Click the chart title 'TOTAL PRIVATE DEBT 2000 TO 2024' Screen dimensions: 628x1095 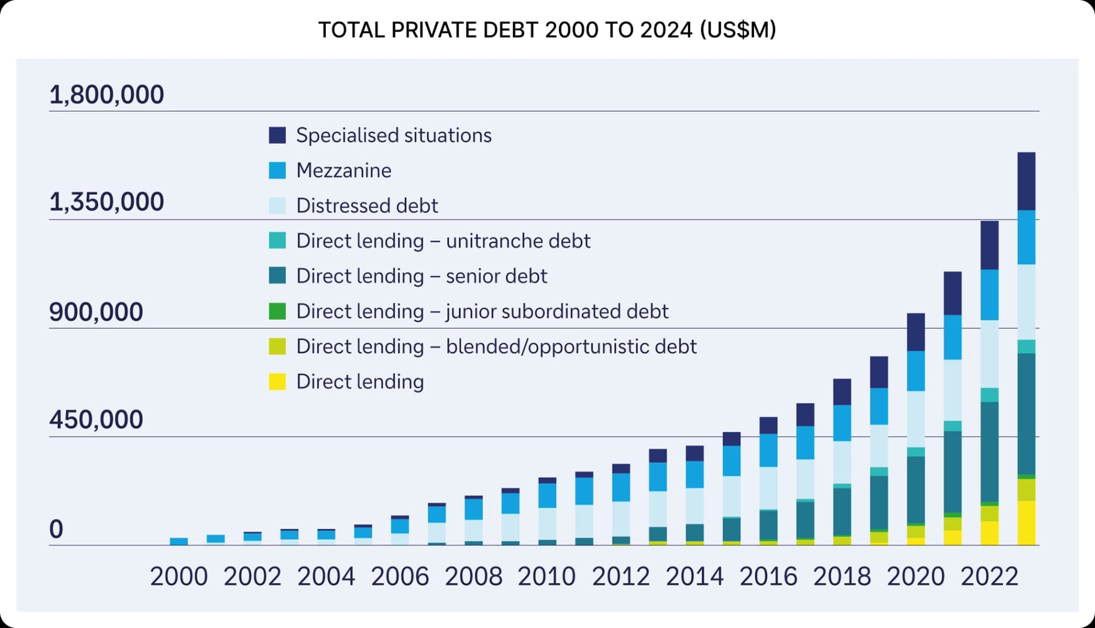pos(546,30)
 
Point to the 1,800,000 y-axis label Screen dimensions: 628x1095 pos(107,95)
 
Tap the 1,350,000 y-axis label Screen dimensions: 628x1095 pos(107,202)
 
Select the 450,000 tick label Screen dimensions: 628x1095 pos(96,420)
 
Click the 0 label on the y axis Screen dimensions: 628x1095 pos(56,529)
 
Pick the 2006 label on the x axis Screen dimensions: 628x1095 pos(400,577)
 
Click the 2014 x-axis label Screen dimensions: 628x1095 pos(694,577)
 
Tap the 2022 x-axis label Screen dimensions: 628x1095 pos(989,577)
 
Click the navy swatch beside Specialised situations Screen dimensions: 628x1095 pos(277,136)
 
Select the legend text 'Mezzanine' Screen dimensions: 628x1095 pos(343,171)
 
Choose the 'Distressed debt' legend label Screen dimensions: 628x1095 pos(367,206)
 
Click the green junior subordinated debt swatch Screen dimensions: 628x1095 pos(277,311)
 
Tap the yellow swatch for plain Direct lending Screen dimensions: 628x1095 pos(277,382)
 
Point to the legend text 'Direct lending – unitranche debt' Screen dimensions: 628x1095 pos(443,241)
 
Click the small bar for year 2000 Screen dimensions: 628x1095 pos(179,541)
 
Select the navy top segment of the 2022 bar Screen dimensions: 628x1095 pos(989,245)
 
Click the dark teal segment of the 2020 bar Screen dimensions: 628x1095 pos(916,489)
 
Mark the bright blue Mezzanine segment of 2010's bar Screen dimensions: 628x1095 pos(547,495)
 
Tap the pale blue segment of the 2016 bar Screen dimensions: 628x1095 pos(768,488)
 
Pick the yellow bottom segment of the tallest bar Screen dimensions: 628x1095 pos(1027,522)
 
